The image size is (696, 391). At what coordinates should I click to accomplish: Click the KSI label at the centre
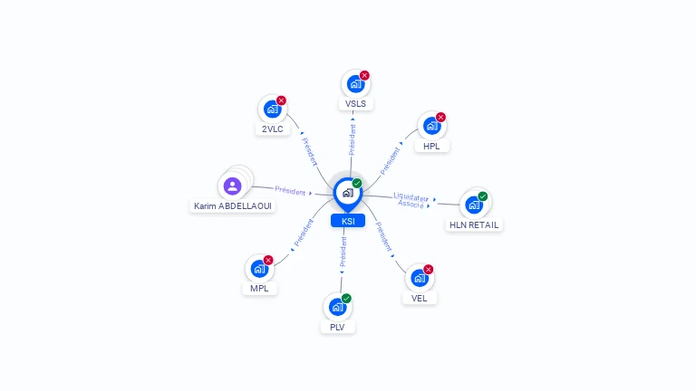(347, 221)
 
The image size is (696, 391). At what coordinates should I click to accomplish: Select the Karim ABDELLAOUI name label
(233, 205)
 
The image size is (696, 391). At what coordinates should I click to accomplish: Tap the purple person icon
(233, 186)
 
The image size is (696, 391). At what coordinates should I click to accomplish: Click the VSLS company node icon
(355, 84)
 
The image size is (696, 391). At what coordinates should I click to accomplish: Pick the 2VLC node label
(272, 129)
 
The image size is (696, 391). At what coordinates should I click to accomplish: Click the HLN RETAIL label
(474, 224)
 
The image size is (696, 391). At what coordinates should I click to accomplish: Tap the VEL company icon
(419, 279)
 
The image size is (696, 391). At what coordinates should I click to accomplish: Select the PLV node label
(337, 327)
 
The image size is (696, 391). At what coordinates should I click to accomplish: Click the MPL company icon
(259, 269)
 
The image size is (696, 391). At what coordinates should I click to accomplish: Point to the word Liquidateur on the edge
(411, 196)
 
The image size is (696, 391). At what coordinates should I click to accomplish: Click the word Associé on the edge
(411, 205)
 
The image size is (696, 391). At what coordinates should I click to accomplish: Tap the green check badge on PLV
(346, 298)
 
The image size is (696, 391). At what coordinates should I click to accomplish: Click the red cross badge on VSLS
(364, 75)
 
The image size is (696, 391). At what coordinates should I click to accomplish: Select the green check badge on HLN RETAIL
(483, 195)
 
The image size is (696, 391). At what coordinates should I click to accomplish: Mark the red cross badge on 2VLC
(281, 100)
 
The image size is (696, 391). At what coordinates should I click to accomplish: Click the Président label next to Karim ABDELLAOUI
(290, 190)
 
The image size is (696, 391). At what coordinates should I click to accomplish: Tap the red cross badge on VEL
(428, 269)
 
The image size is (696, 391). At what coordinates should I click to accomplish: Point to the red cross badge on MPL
(268, 260)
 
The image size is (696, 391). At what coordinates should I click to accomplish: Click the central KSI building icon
(347, 192)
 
